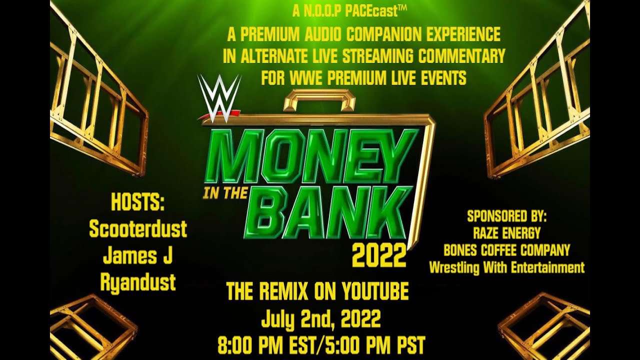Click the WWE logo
tap(219, 99)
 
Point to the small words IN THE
tap(224, 193)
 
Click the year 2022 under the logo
tap(379, 256)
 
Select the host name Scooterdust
tap(137, 229)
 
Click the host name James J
tap(137, 256)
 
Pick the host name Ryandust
tap(137, 282)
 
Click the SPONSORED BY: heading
tap(507, 217)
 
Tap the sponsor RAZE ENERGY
tap(507, 233)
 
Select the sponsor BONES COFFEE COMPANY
tap(507, 250)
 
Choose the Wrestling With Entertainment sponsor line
tap(507, 267)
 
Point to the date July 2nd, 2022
tap(321, 318)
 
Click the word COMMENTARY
tap(462, 56)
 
